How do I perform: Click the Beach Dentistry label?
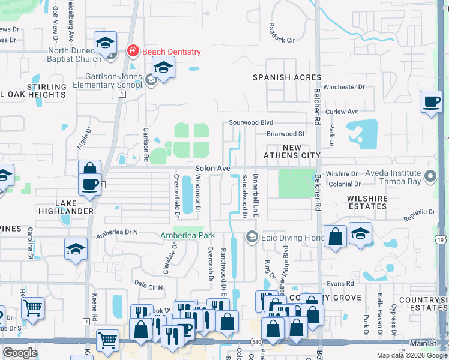pos(171,52)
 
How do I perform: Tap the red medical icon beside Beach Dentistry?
pos(133,52)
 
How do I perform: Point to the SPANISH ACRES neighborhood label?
pos(286,78)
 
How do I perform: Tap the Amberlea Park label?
pos(187,236)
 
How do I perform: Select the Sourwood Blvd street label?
pos(251,122)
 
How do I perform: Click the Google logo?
pos(20,353)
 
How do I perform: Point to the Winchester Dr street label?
pos(344,87)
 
